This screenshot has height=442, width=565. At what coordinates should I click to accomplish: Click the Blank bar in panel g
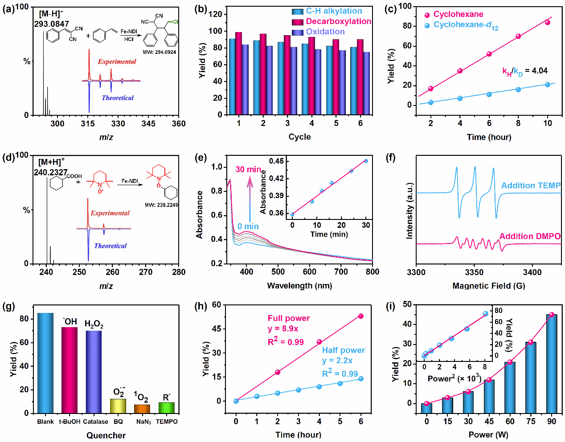(x=45, y=363)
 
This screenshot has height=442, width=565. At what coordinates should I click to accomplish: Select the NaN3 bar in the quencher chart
(x=142, y=409)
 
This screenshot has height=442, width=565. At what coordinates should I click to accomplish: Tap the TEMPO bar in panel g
(x=166, y=408)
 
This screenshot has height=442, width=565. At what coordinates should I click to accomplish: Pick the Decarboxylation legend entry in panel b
(x=338, y=21)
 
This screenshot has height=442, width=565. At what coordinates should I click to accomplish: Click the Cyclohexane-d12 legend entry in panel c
(x=466, y=25)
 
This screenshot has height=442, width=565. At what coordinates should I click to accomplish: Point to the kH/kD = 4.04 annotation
(x=525, y=71)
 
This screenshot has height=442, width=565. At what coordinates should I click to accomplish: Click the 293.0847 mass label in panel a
(x=52, y=24)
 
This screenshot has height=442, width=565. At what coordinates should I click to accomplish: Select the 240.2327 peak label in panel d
(x=51, y=172)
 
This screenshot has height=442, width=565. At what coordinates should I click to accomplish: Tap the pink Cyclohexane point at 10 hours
(x=548, y=22)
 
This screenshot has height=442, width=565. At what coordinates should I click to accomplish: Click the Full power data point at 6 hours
(x=361, y=316)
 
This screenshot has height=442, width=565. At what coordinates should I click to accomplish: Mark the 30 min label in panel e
(x=248, y=170)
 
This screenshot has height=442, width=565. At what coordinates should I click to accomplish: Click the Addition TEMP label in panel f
(x=531, y=186)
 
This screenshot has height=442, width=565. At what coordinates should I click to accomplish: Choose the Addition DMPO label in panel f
(x=530, y=236)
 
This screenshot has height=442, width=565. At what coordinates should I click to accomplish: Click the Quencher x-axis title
(x=106, y=435)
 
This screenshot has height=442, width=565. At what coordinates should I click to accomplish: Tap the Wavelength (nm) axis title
(x=299, y=286)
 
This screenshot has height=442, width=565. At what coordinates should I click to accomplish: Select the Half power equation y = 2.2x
(x=337, y=361)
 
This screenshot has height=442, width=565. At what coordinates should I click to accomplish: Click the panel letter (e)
(x=201, y=157)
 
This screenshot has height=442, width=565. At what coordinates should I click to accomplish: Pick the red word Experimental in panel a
(x=117, y=61)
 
